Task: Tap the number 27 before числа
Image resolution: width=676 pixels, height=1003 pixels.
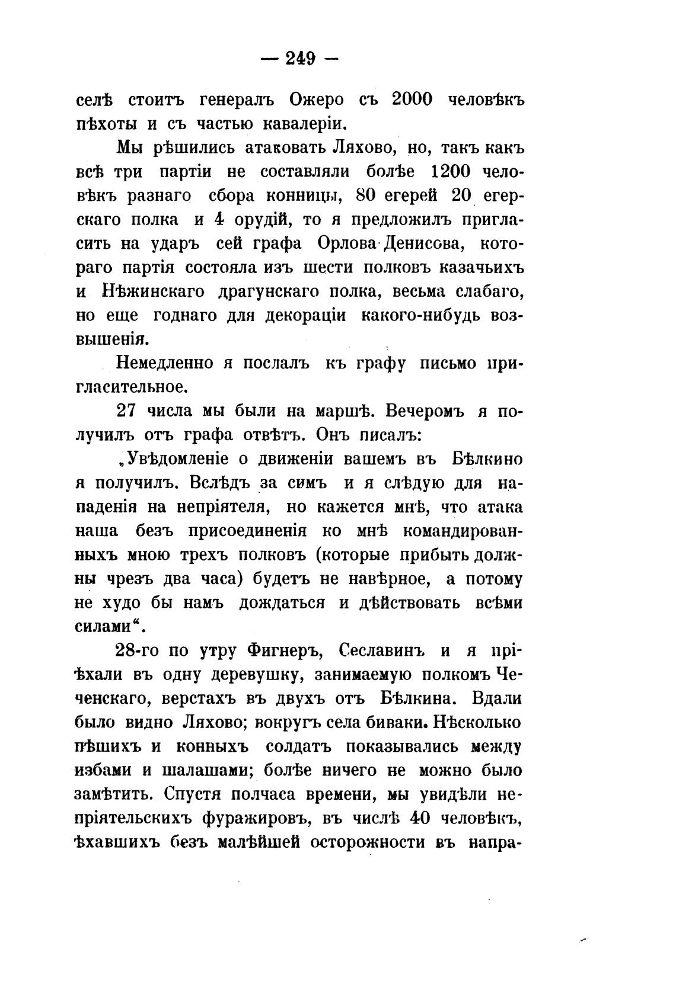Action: pyautogui.click(x=128, y=411)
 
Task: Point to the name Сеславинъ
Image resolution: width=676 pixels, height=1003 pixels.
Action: pyautogui.click(x=380, y=650)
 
